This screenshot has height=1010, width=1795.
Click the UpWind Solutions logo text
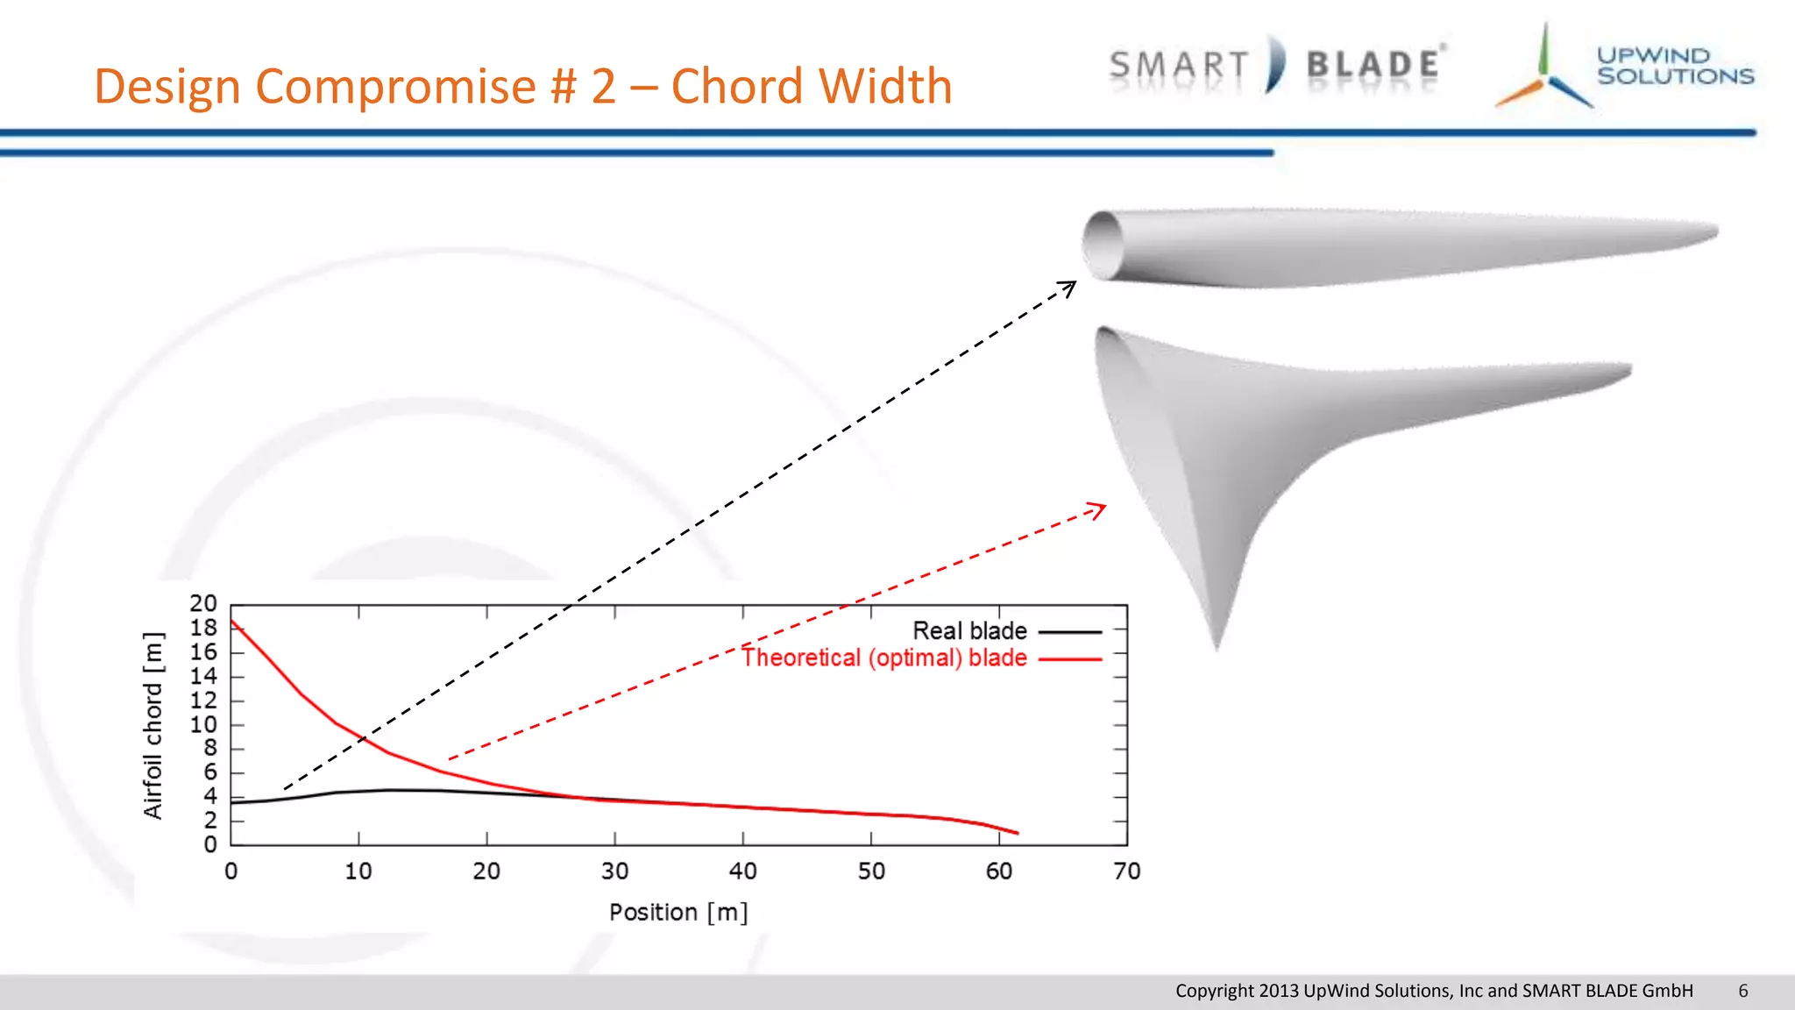tap(1674, 67)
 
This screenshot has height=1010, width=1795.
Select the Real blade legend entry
tap(969, 631)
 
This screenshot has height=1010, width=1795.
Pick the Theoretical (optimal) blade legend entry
tap(883, 658)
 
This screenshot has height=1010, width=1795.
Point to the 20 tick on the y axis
tap(203, 604)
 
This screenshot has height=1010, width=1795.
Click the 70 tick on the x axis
tap(1126, 871)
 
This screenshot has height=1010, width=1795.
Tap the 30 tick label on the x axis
tap(614, 871)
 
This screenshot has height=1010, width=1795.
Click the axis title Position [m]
tap(678, 913)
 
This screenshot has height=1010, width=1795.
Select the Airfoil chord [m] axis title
tap(153, 725)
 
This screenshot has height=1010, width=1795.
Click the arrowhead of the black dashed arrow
tap(1071, 286)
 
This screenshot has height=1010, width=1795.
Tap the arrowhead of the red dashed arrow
tap(1100, 508)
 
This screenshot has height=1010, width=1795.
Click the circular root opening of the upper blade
tap(1103, 246)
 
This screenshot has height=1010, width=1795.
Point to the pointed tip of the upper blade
tap(1713, 231)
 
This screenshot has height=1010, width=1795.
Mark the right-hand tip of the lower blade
tap(1628, 369)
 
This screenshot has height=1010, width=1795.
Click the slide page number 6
tap(1742, 991)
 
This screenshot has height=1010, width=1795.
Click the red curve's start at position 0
tap(231, 621)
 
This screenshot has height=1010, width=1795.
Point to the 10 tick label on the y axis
tap(203, 725)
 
